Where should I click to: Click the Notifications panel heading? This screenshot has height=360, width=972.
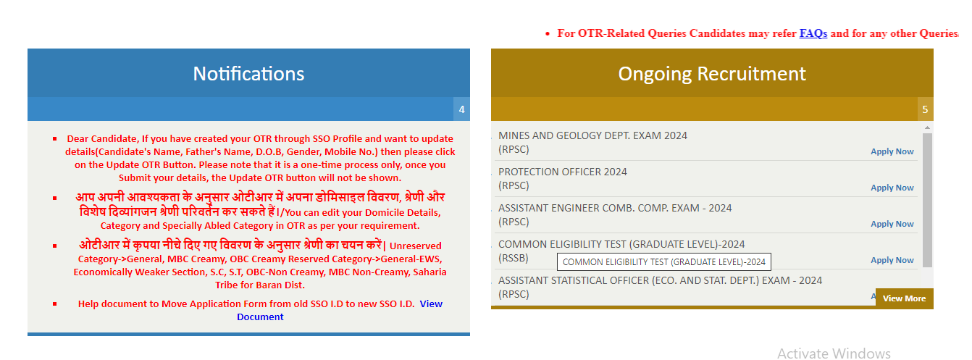pos(248,74)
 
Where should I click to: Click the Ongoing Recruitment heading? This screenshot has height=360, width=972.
pos(712,74)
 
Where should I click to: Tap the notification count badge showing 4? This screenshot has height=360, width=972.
pos(461,109)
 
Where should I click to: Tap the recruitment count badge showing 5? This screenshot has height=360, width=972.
pos(925,109)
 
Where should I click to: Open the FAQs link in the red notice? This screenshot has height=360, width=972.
pos(813,33)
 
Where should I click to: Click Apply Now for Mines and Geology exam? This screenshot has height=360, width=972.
pos(892,151)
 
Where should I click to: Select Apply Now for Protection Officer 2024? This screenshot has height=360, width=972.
pos(892,188)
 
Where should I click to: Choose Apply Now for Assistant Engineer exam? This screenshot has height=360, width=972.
pos(892,224)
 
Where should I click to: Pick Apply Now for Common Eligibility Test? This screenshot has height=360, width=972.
pos(892,260)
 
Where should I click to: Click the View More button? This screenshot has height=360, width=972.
pos(905,298)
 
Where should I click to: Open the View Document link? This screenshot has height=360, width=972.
pos(340,310)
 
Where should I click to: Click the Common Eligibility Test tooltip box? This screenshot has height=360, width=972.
pos(664,262)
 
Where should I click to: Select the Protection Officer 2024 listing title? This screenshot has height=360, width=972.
pos(562,172)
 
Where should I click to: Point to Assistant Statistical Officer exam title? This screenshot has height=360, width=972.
pos(660,280)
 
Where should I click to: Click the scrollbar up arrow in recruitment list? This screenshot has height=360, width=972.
pos(927,127)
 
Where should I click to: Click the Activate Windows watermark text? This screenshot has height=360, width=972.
pos(834,353)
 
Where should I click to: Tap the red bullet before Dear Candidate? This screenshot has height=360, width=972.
pos(54,139)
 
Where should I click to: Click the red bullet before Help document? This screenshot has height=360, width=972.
pos(54,304)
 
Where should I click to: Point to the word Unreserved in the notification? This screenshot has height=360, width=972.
pos(415,246)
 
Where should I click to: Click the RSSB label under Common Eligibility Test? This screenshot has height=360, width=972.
pos(514,258)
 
